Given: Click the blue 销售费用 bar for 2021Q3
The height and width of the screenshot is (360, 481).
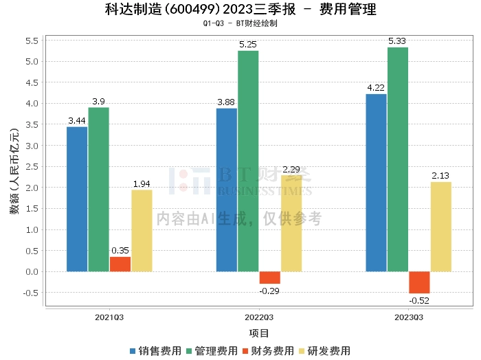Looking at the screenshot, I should [77, 199].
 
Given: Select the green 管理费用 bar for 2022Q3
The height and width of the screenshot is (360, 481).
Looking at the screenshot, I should [248, 161].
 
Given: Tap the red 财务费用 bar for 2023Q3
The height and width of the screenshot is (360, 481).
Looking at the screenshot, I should [419, 282].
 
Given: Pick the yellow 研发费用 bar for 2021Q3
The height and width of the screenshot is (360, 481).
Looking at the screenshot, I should [142, 231].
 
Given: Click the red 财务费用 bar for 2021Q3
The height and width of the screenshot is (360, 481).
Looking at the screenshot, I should [120, 264].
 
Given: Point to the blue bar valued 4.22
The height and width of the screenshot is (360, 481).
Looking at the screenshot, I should [376, 183].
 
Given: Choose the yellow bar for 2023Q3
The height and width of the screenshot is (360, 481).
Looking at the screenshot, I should [441, 227].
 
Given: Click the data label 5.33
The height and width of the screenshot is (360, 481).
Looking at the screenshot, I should [398, 41].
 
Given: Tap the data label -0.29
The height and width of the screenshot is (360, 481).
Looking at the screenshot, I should [269, 291].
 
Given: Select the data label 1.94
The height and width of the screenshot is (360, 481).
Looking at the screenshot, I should [142, 184].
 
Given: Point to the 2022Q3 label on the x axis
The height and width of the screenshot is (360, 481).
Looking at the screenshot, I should [259, 317].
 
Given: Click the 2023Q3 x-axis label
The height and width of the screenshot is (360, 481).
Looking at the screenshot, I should [409, 317].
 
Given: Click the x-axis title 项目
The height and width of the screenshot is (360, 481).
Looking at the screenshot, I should [259, 333].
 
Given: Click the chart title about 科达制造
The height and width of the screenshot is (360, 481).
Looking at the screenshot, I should [240, 10].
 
